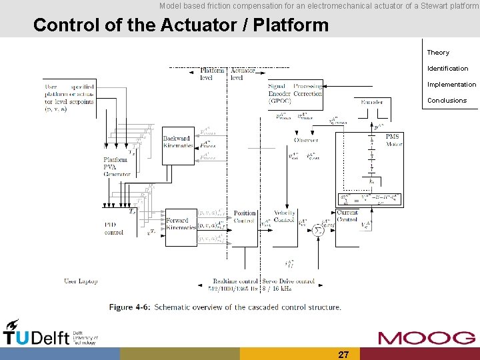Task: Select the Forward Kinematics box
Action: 177,224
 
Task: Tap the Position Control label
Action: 245,217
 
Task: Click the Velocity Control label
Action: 284,217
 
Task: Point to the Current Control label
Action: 347,215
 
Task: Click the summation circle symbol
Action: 318,229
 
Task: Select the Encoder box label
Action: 371,102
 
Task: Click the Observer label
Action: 306,140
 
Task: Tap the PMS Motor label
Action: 393,140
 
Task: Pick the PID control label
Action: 114,229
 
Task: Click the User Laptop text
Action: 81,281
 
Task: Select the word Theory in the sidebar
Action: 438,53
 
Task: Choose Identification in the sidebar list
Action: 447,69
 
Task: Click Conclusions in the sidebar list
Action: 447,101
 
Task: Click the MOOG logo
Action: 427,337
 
